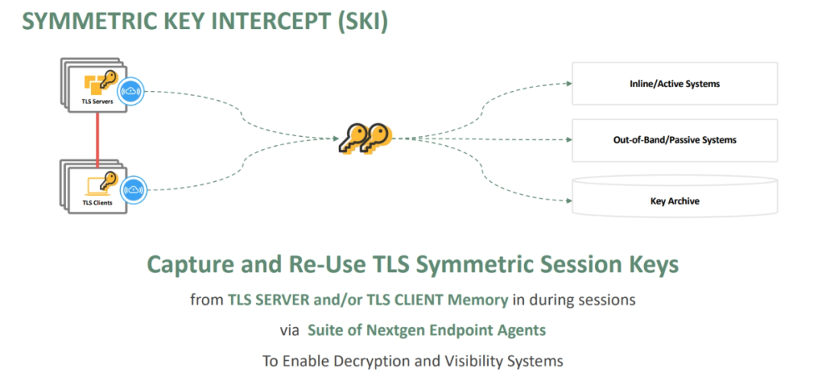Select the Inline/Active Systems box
click(674, 83)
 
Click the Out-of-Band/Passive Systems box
click(674, 140)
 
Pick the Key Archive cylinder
click(674, 201)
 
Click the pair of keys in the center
click(365, 139)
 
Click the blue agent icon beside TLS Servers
click(134, 91)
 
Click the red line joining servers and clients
click(97, 137)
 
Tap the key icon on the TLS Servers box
click(109, 80)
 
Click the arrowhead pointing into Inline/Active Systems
click(569, 83)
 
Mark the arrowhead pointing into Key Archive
click(569, 202)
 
